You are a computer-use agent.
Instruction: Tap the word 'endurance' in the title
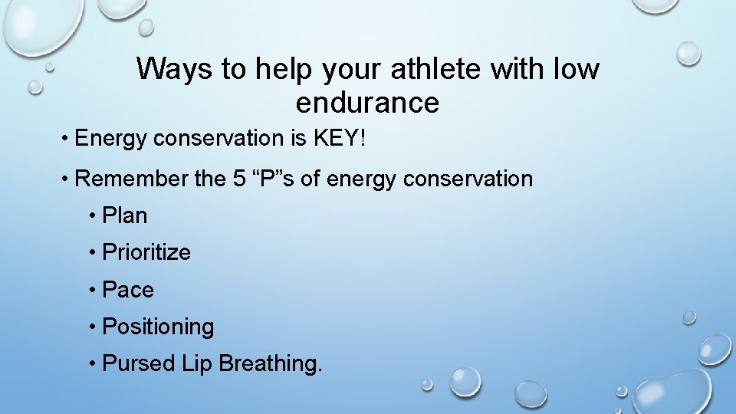367,103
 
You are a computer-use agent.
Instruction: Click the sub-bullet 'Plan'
124,216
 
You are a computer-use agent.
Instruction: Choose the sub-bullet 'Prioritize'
146,252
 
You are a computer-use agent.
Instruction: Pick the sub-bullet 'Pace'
128,290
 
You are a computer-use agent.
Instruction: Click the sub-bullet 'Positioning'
158,327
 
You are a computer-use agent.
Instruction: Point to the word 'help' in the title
286,70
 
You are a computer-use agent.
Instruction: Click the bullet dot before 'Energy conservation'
67,140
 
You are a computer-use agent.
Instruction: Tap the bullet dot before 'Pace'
93,291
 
